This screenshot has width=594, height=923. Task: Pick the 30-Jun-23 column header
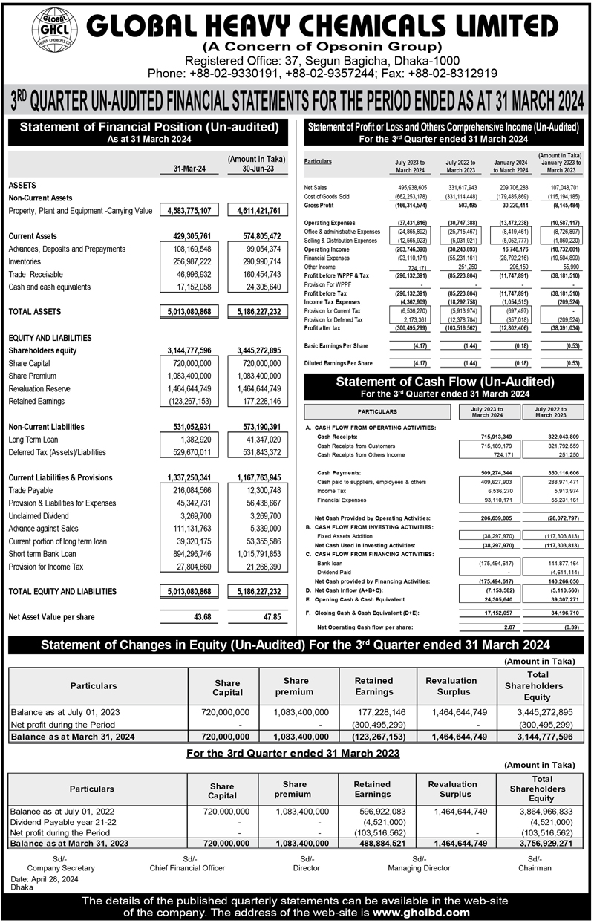pyautogui.click(x=255, y=169)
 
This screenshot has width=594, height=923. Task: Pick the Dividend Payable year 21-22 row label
pyautogui.click(x=64, y=823)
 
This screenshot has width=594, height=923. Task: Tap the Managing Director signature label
pyautogui.click(x=419, y=867)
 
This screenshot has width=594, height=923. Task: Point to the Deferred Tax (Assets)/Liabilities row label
pyautogui.click(x=68, y=452)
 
